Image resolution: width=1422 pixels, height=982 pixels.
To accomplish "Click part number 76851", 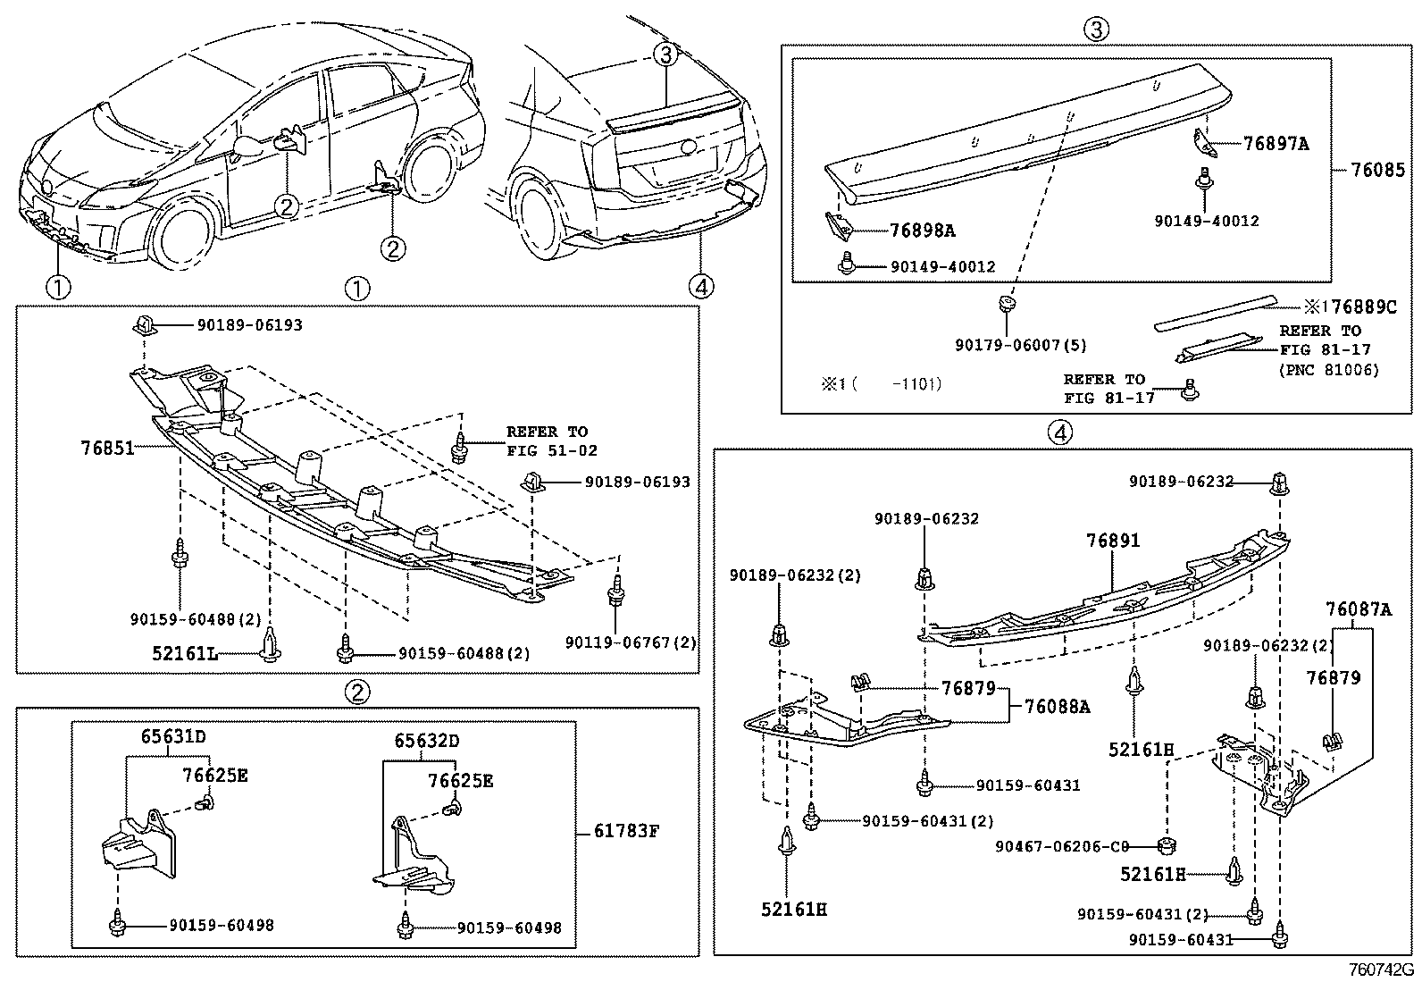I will click(108, 448).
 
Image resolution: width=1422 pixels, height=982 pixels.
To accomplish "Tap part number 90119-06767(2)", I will click(631, 642).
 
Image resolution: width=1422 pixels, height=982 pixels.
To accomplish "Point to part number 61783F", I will click(626, 831).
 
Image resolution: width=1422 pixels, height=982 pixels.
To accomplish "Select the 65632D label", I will click(428, 741).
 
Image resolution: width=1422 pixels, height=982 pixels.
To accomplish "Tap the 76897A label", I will click(1276, 143).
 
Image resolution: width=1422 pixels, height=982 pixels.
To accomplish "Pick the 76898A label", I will click(922, 231).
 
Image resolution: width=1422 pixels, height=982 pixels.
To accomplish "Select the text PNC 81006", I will click(1329, 370).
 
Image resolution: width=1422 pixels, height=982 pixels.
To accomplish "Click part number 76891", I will click(1113, 541).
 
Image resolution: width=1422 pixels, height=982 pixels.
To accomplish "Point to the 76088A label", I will click(1057, 706).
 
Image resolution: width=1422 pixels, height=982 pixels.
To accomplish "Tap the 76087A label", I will click(1358, 609).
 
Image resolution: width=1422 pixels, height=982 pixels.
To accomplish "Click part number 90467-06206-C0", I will click(1063, 845).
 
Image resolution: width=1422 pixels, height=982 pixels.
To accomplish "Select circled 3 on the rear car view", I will click(666, 55).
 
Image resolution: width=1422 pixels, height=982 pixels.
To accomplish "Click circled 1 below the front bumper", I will click(58, 288).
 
